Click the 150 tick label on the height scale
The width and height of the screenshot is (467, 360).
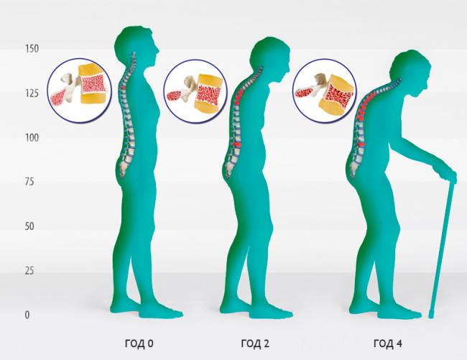click(32, 49)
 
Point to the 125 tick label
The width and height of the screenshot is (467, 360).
click(32, 93)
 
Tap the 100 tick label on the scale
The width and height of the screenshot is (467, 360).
click(32, 138)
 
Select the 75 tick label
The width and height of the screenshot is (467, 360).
click(29, 182)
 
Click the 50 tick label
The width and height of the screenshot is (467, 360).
click(29, 226)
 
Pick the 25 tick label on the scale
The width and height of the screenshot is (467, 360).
click(29, 271)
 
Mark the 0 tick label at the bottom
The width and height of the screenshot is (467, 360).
click(27, 315)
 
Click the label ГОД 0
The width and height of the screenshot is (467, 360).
click(139, 344)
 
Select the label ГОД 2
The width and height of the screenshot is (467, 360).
click(255, 344)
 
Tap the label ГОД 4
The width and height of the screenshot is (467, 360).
click(388, 344)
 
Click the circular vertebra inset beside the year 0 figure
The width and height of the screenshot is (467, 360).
click(79, 91)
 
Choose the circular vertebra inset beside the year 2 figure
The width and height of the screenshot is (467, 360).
click(195, 91)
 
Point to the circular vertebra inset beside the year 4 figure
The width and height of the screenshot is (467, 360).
click(324, 91)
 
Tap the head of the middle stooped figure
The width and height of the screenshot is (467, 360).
click(269, 57)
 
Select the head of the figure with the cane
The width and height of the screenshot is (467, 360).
click(410, 71)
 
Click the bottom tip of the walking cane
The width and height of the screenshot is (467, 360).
click(430, 316)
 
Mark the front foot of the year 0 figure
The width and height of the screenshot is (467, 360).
click(161, 312)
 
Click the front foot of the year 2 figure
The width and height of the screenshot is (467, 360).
click(271, 312)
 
